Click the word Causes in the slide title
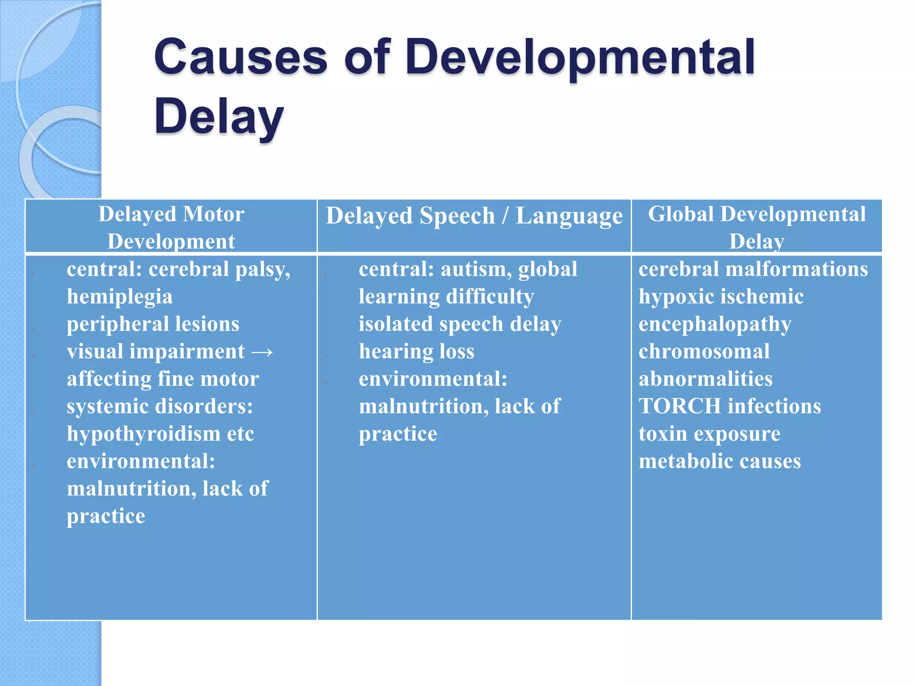coord(241,57)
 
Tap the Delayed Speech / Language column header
coord(474,216)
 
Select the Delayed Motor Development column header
coord(171,227)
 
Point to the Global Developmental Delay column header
coord(756,227)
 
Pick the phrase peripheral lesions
coord(153,324)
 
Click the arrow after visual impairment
coord(262,352)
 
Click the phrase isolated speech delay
coord(460,324)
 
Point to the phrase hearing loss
coord(416,352)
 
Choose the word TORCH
coord(680,406)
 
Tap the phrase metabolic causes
coord(719,461)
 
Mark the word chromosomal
coord(704,352)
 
